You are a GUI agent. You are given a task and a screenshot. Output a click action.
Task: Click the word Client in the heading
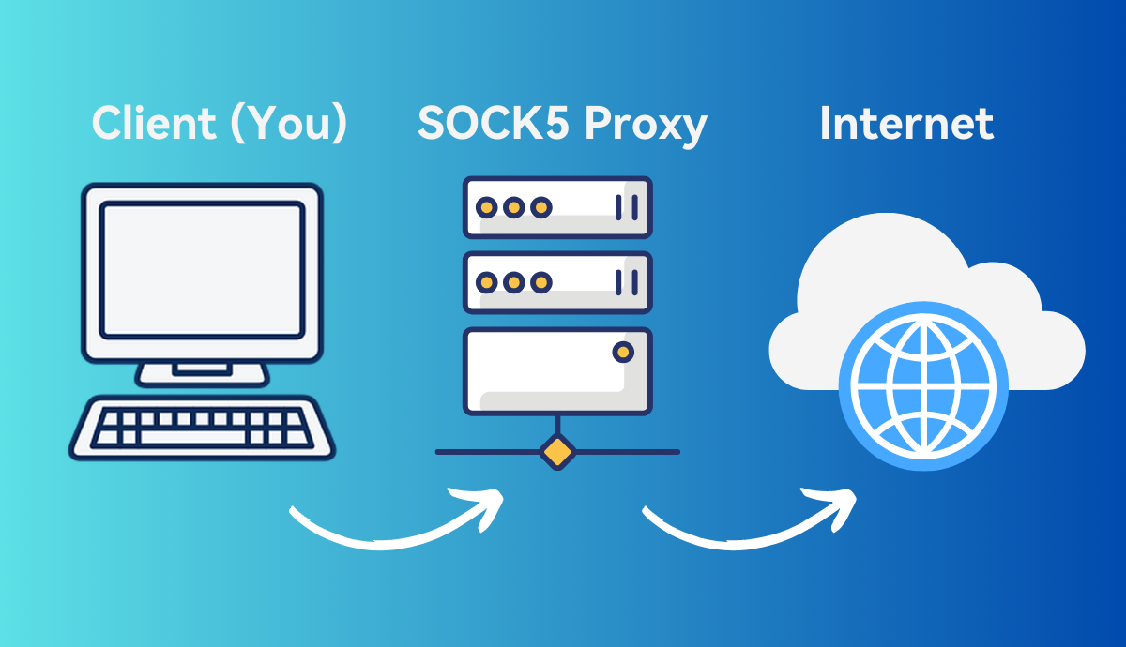(154, 124)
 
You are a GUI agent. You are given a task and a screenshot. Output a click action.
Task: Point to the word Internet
(906, 124)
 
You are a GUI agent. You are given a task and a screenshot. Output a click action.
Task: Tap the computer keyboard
(202, 428)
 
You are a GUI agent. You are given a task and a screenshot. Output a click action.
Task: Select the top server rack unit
(556, 207)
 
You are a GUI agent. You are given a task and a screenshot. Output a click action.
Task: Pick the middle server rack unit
(556, 281)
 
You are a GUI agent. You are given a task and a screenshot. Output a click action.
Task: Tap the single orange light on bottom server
(621, 353)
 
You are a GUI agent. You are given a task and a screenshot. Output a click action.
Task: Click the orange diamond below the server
(556, 451)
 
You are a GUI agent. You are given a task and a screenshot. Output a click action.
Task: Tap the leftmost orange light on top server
(486, 207)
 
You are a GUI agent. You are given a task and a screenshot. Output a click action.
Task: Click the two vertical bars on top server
(626, 207)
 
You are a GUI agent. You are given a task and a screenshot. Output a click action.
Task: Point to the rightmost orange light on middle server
(540, 281)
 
